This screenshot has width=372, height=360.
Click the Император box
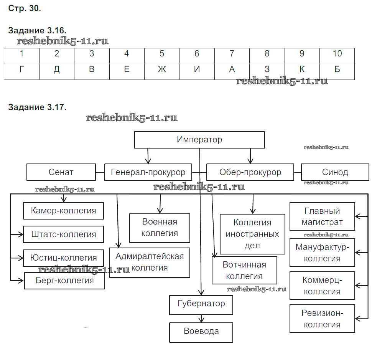(x=199, y=140)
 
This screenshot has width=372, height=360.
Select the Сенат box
(x=61, y=172)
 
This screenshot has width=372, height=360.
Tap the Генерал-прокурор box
(x=148, y=172)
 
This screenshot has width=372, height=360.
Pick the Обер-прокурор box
(x=250, y=172)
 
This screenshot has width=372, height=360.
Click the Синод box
(x=335, y=172)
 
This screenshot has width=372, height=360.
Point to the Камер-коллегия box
(x=63, y=211)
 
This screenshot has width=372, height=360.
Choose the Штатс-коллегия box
(x=63, y=234)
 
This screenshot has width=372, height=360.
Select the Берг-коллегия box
(x=64, y=281)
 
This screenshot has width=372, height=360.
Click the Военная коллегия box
(x=160, y=228)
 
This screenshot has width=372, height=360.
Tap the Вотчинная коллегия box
(x=244, y=270)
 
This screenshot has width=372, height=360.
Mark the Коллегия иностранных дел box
(x=252, y=234)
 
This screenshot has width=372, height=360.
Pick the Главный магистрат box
(x=322, y=216)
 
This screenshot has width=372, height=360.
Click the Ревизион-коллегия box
(x=322, y=319)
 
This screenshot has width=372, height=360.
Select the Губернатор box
(x=201, y=304)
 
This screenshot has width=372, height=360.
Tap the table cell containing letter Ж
(x=161, y=69)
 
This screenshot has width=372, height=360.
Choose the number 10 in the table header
(x=337, y=54)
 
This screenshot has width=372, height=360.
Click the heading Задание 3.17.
(x=37, y=107)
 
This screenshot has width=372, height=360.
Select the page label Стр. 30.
(x=25, y=9)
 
